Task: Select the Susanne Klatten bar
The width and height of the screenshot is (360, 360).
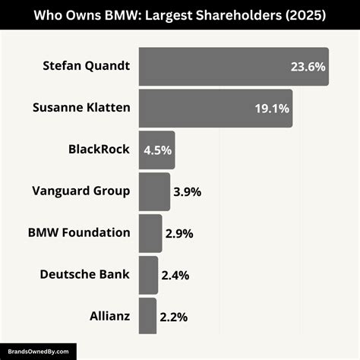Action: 205,108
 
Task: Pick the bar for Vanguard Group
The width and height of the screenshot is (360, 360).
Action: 154,191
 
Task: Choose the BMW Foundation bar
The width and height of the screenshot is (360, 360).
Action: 150,233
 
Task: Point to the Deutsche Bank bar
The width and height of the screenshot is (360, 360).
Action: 148,274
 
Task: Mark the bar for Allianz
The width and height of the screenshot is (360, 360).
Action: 147,315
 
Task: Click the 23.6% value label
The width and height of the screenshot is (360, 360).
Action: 307,67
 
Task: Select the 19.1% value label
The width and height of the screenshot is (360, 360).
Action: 271,109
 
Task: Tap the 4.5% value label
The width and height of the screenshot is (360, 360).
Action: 157,150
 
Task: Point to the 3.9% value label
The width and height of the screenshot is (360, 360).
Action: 187,192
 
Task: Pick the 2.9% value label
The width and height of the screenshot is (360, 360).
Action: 179,234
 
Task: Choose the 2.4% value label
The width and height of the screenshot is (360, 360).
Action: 175,275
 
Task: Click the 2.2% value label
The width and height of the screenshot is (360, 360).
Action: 174,316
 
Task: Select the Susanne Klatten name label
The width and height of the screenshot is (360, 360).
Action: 81,108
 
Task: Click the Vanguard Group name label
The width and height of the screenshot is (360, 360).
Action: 81,191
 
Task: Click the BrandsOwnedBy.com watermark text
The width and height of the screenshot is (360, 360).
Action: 38,351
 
